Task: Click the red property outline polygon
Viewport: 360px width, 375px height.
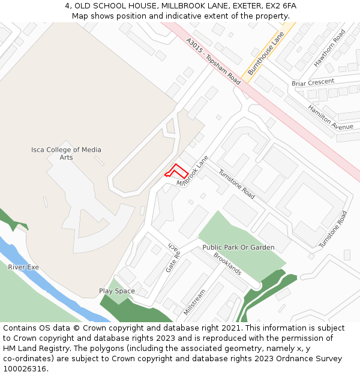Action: pyautogui.click(x=175, y=171)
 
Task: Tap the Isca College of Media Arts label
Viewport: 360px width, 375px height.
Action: pyautogui.click(x=66, y=154)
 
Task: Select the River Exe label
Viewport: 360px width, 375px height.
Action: pyautogui.click(x=23, y=267)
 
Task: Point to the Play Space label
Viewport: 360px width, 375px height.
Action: pyautogui.click(x=117, y=291)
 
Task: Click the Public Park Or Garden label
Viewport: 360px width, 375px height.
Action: pyautogui.click(x=238, y=247)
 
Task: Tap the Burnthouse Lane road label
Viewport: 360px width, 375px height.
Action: pyautogui.click(x=265, y=54)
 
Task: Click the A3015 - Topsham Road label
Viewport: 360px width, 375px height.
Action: pyautogui.click(x=213, y=61)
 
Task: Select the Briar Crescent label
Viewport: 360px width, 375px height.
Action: pyautogui.click(x=313, y=82)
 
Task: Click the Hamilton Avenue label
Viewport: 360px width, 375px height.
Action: pyautogui.click(x=331, y=117)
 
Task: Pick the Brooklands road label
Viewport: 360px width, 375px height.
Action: pyautogui.click(x=228, y=263)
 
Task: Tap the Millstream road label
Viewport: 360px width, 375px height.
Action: pyautogui.click(x=194, y=302)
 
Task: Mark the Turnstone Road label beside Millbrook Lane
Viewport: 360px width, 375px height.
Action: pyautogui.click(x=236, y=184)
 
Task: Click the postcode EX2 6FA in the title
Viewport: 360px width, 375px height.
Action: pyautogui.click(x=281, y=5)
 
